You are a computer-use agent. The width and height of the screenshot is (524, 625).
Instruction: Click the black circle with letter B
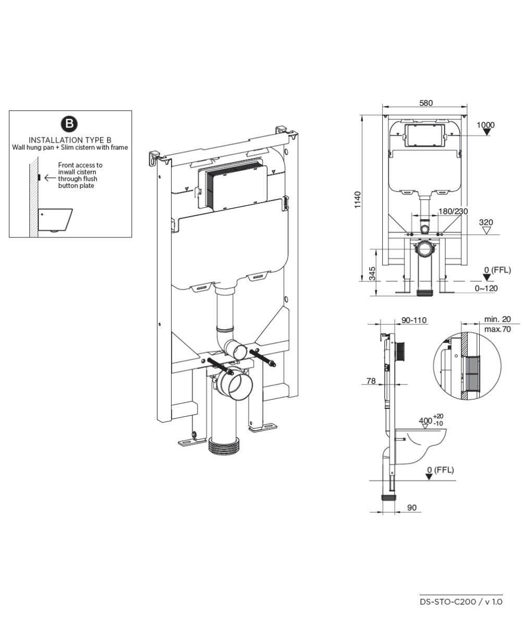click(x=70, y=124)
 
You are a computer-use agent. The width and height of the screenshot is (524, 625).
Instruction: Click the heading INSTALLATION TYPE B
click(x=70, y=140)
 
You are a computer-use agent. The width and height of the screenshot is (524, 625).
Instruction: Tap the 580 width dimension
click(x=426, y=103)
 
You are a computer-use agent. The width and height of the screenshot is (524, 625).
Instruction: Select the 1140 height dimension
click(x=358, y=201)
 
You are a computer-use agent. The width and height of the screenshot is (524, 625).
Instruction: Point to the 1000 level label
click(x=485, y=125)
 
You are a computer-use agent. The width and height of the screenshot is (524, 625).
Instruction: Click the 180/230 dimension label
click(x=453, y=211)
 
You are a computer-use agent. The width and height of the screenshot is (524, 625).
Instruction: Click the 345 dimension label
click(x=372, y=273)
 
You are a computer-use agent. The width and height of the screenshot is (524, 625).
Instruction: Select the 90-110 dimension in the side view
click(x=414, y=319)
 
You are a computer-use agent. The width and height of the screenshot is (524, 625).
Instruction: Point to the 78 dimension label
click(x=371, y=381)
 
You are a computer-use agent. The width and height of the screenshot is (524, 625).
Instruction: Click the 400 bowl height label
click(x=425, y=420)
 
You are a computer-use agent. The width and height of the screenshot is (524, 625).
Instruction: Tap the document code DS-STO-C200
click(x=448, y=602)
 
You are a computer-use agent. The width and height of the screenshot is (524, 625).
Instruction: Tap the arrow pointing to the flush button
click(x=50, y=178)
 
